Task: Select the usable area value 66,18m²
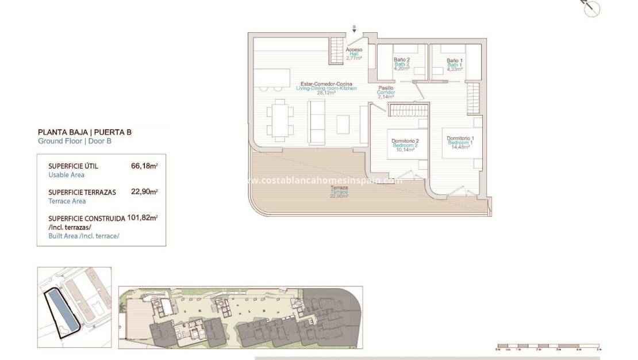coord(144,166)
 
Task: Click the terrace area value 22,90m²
coord(144,192)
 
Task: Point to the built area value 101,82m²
coord(142,218)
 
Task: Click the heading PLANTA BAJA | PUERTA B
coord(84,132)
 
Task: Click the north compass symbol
coord(591,9)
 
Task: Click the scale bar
coord(548,347)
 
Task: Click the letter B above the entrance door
coord(354,27)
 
